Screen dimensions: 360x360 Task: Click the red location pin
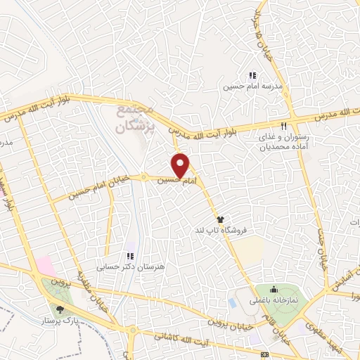click(181, 165)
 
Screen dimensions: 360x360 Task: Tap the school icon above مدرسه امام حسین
click(252, 76)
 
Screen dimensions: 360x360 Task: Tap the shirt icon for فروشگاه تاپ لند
click(220, 219)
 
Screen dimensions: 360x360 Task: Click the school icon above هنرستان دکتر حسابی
click(129, 256)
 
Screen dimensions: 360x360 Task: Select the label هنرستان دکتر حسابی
click(129, 267)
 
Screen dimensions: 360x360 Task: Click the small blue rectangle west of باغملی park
click(233, 303)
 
